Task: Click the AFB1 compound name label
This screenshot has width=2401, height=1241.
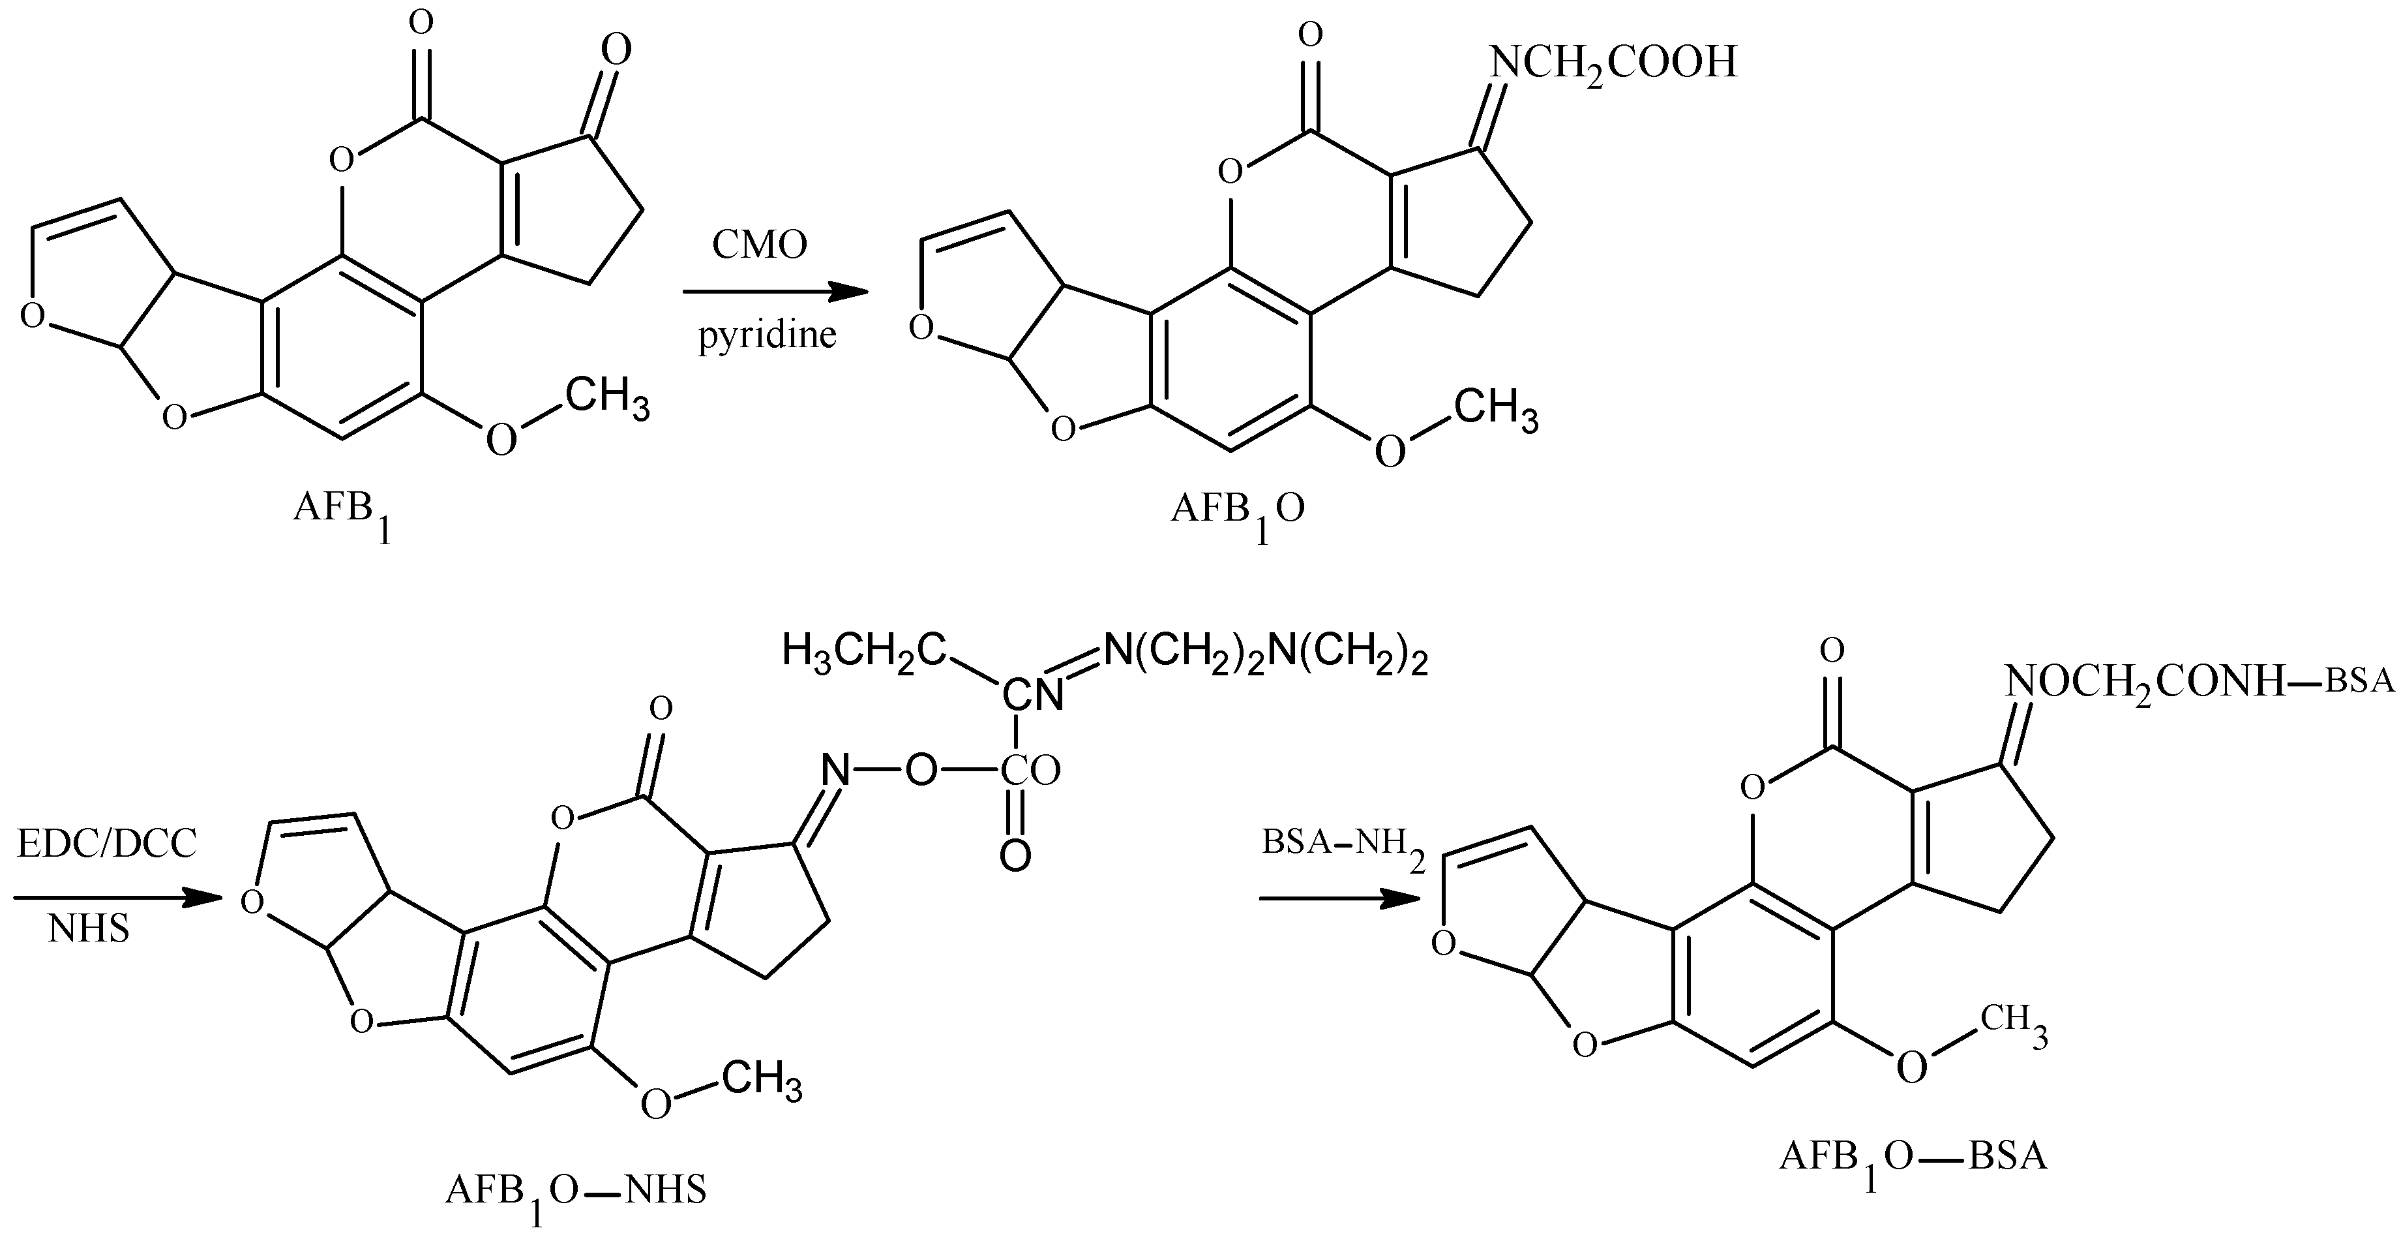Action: (x=341, y=513)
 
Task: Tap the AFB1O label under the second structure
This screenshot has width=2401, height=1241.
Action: (x=1237, y=513)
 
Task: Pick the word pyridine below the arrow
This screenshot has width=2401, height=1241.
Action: (x=767, y=335)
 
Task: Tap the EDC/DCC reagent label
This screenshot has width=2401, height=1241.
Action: (x=107, y=845)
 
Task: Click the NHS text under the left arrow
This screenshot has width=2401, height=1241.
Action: (x=89, y=930)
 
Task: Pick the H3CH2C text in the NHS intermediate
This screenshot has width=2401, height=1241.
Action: (x=864, y=651)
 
